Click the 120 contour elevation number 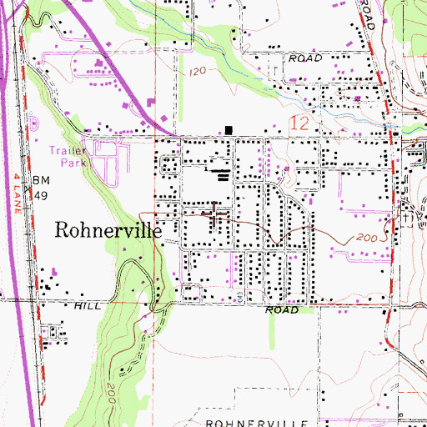pos(197,73)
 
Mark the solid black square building pos(229,129)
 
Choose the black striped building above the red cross pos(221,174)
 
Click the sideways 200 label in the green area pos(110,389)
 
